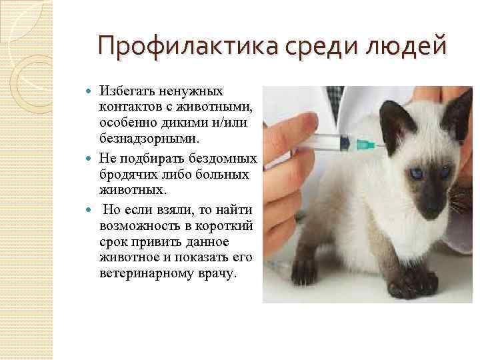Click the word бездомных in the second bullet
223,159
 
